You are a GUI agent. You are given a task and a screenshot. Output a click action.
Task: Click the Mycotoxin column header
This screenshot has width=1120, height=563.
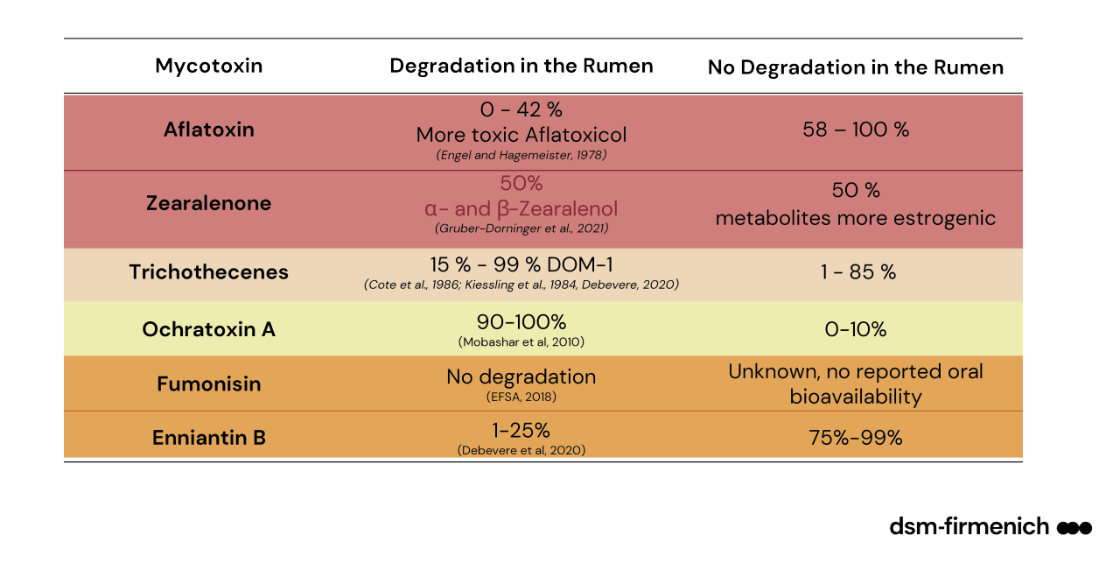point(208,66)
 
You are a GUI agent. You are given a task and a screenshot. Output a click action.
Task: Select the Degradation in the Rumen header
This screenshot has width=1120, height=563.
point(521,66)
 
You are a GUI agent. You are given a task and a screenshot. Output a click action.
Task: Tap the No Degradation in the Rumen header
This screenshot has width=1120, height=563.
point(855,67)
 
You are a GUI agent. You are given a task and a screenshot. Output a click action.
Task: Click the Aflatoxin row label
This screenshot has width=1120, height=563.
point(208,130)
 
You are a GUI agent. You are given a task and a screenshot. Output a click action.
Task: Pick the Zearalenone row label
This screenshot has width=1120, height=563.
point(208,203)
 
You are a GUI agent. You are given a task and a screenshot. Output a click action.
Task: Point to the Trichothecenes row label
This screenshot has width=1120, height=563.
point(208,271)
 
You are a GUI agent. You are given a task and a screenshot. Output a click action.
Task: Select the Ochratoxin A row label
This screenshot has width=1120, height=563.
point(208,329)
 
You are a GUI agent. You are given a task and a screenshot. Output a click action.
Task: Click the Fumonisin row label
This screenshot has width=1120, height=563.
point(208,384)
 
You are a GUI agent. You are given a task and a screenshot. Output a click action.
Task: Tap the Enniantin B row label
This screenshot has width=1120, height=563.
point(208,438)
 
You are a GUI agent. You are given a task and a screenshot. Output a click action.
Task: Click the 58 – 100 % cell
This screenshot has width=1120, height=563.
point(855,130)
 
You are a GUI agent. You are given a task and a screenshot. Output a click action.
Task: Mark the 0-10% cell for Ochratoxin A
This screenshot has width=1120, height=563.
point(856,329)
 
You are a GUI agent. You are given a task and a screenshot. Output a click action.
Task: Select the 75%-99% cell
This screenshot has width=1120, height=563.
point(855,438)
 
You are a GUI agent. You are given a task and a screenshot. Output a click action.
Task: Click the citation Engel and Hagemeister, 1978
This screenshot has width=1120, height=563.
point(521,155)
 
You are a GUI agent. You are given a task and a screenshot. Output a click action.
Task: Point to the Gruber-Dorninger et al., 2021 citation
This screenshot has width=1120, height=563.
point(521,229)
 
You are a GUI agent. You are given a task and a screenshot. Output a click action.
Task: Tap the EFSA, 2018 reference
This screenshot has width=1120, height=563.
point(521,397)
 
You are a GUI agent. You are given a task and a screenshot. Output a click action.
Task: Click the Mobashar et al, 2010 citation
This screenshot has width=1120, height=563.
point(521,341)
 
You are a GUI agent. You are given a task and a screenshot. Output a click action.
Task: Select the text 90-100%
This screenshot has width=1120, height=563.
point(521,321)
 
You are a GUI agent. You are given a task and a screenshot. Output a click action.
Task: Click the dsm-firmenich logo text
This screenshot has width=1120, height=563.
point(969,526)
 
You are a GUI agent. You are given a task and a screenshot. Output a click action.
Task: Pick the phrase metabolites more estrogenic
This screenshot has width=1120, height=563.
point(855,218)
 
